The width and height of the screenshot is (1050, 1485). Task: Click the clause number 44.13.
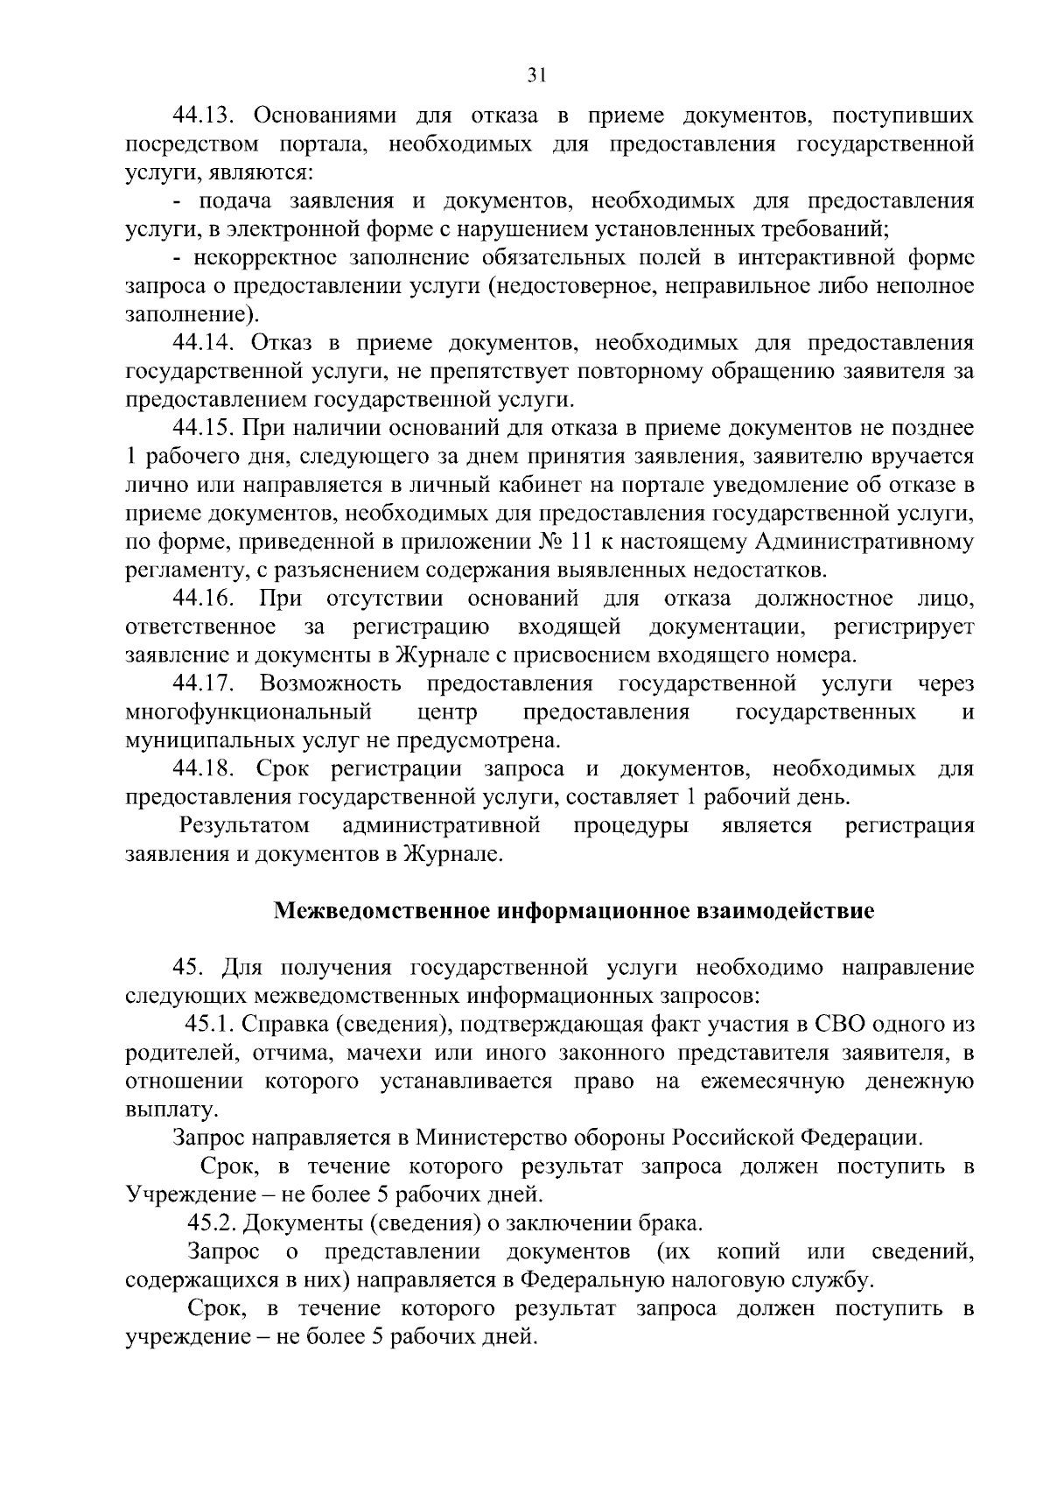202,116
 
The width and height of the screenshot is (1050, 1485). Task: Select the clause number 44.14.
202,343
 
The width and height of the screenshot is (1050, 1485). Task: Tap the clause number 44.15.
202,428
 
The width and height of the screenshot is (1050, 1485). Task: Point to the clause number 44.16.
202,599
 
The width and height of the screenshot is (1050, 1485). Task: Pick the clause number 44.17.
202,683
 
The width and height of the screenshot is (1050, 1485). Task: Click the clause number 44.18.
202,769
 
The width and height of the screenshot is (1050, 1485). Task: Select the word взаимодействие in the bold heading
785,912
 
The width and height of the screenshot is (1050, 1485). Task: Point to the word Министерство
480,1138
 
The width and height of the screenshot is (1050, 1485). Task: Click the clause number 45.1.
209,1025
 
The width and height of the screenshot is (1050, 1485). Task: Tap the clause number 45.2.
213,1223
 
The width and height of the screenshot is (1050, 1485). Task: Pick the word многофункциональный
248,712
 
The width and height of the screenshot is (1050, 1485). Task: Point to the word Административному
864,542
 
